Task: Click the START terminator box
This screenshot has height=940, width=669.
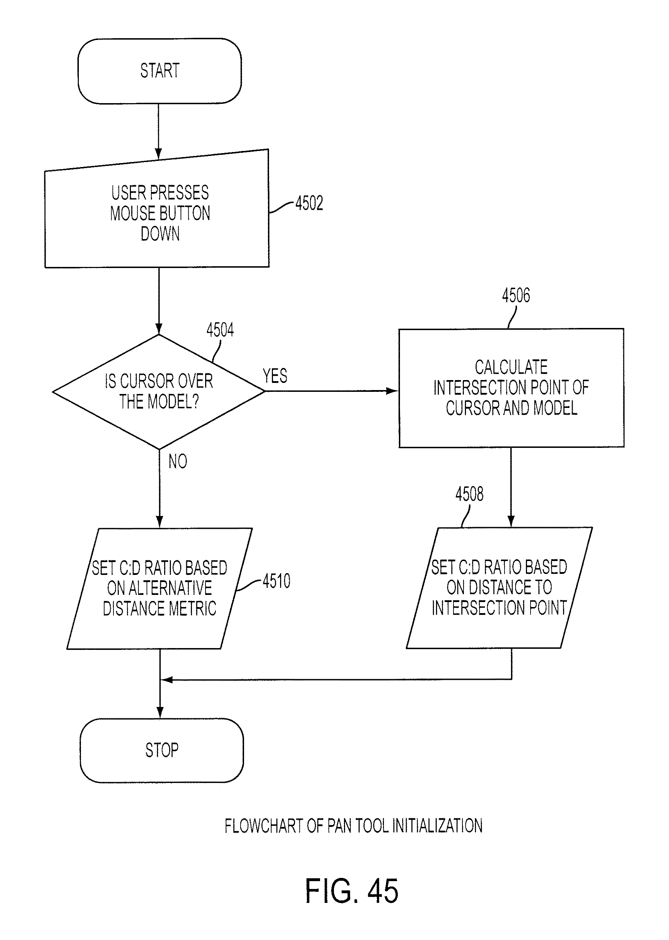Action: coord(159,71)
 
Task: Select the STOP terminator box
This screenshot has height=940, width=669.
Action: coord(162,750)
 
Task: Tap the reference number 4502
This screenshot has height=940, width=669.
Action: coord(309,203)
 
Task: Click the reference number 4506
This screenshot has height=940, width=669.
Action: coord(516,295)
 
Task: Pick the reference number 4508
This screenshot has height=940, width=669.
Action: coord(469,494)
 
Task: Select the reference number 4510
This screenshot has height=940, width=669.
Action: coord(277,581)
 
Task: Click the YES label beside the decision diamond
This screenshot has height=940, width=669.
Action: coord(275,376)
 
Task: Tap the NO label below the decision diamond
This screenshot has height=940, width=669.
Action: coord(178,461)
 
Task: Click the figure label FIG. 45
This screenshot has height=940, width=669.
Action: coord(351,891)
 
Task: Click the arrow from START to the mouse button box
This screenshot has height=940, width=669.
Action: coord(158,131)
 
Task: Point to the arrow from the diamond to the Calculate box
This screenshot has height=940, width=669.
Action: coord(331,391)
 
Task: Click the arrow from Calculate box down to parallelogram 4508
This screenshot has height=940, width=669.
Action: coord(511,487)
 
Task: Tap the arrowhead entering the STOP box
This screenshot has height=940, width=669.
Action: coord(160,713)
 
